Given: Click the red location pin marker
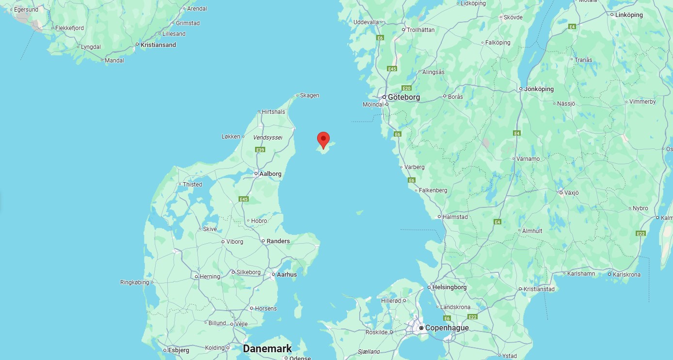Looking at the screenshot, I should (323, 140).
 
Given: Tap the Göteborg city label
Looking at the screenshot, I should (403, 97).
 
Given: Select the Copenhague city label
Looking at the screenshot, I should (447, 328).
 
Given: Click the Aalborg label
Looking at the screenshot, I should (270, 173).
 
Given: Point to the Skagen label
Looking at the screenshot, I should (309, 95).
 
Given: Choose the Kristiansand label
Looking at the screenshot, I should (158, 45).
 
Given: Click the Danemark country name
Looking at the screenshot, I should (267, 348).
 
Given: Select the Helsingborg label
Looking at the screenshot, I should (449, 287).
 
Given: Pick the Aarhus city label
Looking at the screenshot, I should (287, 274).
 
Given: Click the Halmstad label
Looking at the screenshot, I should (455, 217).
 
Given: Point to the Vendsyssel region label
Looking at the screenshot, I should (267, 138).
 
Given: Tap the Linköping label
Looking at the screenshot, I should (629, 15).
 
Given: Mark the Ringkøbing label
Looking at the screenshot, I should (134, 282).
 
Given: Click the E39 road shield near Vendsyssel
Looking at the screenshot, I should (261, 150).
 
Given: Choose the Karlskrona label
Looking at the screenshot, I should (626, 274).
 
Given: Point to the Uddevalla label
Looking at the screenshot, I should (366, 22).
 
